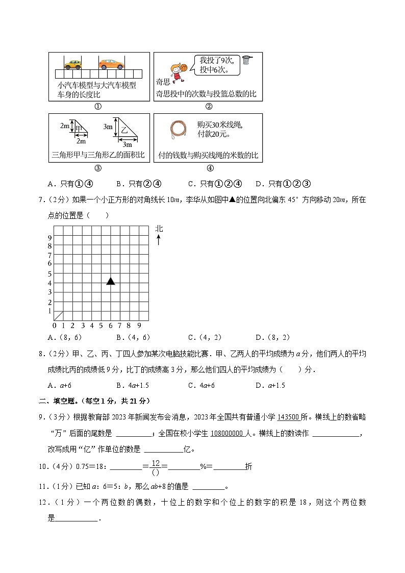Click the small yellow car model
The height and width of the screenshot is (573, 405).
pyautogui.click(x=72, y=64)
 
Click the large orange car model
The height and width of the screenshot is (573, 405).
pyautogui.click(x=111, y=64)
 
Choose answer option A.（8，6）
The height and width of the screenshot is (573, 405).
pyautogui.click(x=64, y=337)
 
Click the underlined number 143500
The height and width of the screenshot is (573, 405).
pyautogui.click(x=288, y=417)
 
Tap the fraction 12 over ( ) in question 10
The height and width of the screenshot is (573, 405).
pyautogui.click(x=156, y=466)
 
